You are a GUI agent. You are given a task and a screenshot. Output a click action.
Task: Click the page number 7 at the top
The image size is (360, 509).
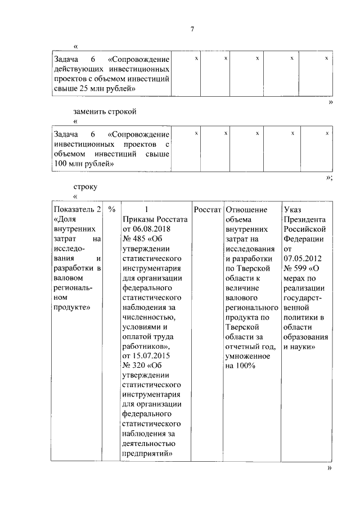pyautogui.click(x=192, y=29)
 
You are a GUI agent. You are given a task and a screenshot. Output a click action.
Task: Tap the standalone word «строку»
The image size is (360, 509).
pyautogui.click(x=85, y=186)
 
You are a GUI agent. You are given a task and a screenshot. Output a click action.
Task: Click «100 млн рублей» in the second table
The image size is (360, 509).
pyautogui.click(x=82, y=164)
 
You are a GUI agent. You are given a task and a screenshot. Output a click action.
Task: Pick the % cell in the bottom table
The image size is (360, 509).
pyautogui.click(x=111, y=209)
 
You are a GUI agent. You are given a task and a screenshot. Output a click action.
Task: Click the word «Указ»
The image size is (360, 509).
pyautogui.click(x=294, y=209)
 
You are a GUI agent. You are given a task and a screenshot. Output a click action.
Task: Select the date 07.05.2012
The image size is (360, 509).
pyautogui.click(x=304, y=258)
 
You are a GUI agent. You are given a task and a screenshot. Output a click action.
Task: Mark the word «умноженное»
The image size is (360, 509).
pyautogui.click(x=247, y=356)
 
